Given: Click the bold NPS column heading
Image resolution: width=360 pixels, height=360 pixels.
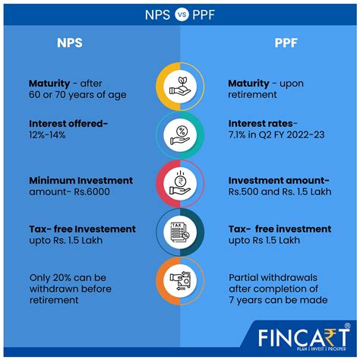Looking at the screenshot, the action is point(70,43).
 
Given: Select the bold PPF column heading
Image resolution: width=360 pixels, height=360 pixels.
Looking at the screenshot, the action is point(286,43).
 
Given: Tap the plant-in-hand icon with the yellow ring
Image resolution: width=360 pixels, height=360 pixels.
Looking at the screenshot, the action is point(180,87).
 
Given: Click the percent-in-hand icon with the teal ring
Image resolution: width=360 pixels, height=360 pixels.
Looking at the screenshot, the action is point(180,135).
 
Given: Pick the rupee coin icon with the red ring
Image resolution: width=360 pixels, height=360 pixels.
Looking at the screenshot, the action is point(180,184).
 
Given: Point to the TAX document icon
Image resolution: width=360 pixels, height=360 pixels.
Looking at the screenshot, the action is point(180,232).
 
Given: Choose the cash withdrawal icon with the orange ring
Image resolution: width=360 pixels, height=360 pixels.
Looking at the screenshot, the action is point(180,281).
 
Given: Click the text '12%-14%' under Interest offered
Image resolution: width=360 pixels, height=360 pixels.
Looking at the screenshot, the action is point(47,135).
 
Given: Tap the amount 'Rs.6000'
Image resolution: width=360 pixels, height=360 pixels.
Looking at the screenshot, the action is point(92,191).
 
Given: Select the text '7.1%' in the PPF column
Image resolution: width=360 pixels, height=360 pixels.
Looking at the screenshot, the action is point(237,135).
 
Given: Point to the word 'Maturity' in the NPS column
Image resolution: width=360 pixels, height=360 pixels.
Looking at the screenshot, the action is point(49,84).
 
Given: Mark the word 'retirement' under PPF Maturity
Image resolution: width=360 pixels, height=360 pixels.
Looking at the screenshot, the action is point(252,95).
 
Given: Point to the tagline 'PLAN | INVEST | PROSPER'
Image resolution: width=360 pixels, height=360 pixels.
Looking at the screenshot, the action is point(322,349).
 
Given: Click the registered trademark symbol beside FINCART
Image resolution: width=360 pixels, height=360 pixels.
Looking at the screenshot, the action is point(347,326).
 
